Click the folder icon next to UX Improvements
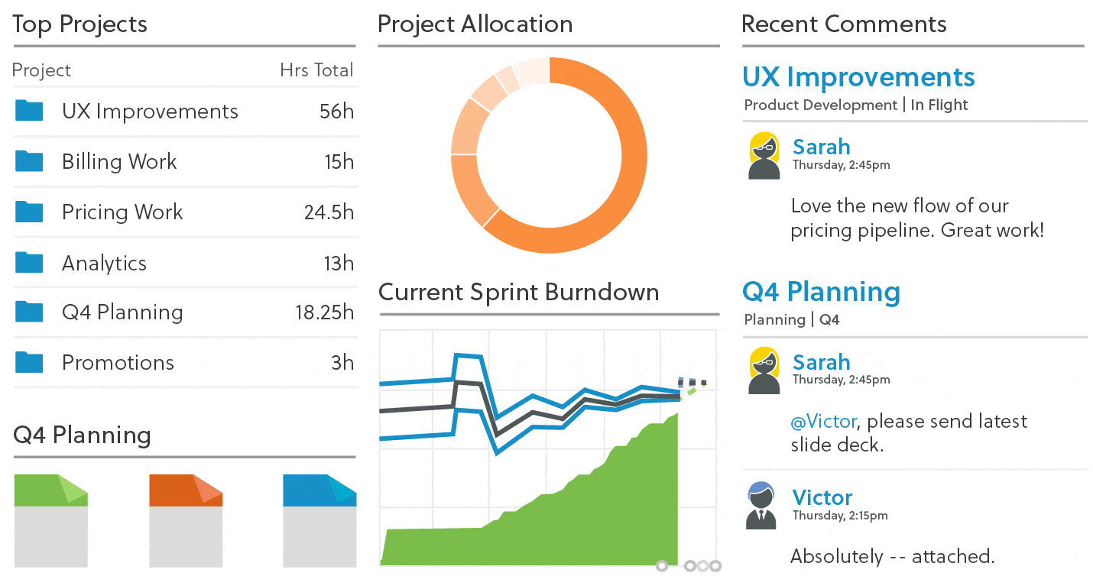[29, 112]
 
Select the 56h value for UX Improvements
[336, 112]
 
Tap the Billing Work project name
[119, 162]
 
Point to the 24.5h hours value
[329, 212]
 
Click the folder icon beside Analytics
[29, 263]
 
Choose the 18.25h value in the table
[325, 312]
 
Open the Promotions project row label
[118, 363]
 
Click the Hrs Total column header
[316, 70]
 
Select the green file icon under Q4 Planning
[51, 519]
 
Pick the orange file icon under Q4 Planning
[186, 519]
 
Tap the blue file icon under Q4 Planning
[319, 519]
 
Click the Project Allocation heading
[475, 24]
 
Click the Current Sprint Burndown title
[518, 293]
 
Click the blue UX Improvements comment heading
[858, 77]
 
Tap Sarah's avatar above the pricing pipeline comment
[764, 156]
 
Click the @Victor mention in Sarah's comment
[823, 422]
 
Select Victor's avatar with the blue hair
[761, 506]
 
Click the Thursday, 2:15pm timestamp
[840, 516]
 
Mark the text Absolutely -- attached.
[892, 556]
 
